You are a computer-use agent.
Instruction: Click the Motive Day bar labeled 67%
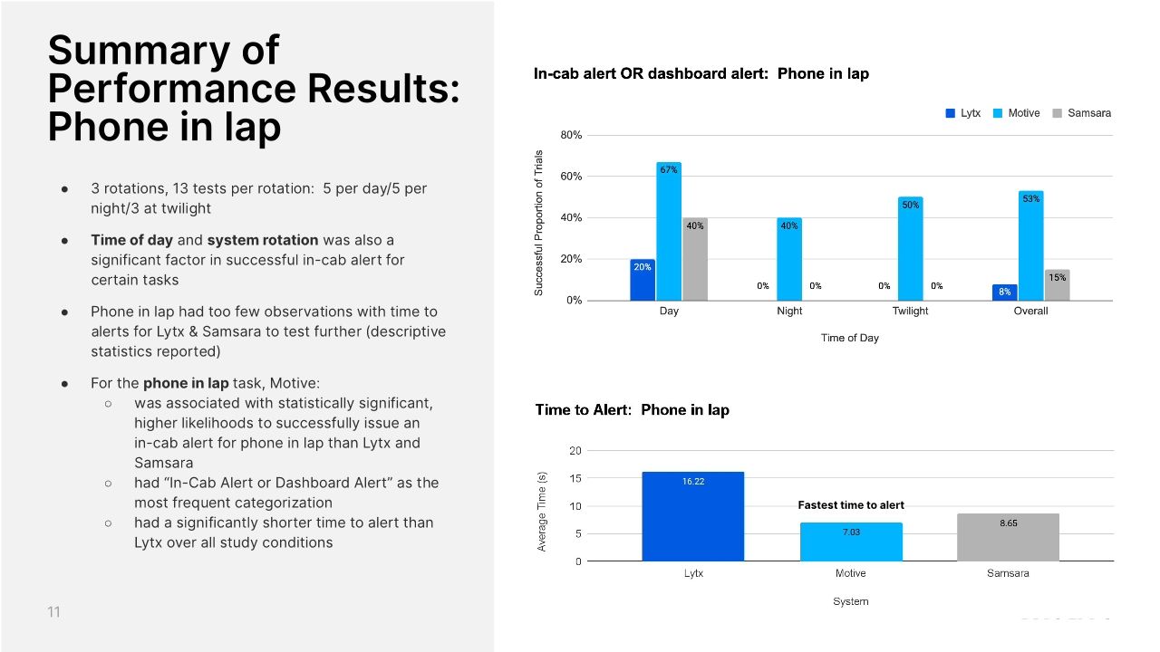[669, 232]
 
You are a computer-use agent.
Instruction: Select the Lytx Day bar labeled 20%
[643, 280]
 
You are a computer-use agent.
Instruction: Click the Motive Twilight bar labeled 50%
[910, 249]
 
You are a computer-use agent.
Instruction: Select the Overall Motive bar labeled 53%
[1030, 245]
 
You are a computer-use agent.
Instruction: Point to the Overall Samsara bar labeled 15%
[1057, 285]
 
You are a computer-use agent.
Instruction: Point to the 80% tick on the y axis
[571, 136]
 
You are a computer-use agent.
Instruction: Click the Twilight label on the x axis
[910, 311]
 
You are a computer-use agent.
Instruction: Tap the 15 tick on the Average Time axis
[575, 478]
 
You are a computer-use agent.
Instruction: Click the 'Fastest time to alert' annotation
[851, 505]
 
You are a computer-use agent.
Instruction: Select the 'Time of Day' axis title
[849, 338]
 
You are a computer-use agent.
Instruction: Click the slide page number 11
[53, 612]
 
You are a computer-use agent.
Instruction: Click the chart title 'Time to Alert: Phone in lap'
[632, 410]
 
